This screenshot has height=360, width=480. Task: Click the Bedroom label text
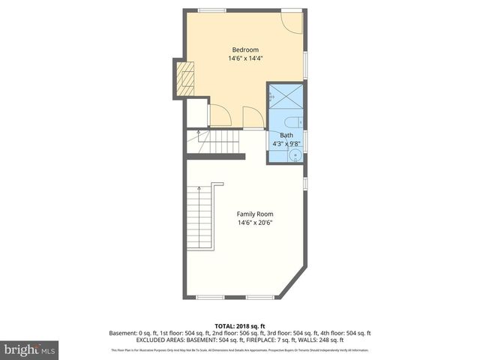[244, 49]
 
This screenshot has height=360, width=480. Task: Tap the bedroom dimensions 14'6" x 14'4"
[244, 58]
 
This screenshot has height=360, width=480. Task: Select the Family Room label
[255, 214]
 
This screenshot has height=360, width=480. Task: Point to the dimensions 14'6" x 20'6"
[255, 222]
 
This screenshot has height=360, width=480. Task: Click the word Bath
[286, 135]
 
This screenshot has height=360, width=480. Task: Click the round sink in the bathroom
[295, 155]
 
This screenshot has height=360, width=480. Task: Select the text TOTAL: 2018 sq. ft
[239, 326]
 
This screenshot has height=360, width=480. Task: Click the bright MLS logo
[30, 349]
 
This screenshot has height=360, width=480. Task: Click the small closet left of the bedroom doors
[196, 113]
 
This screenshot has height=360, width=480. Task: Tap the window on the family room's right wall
[305, 182]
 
